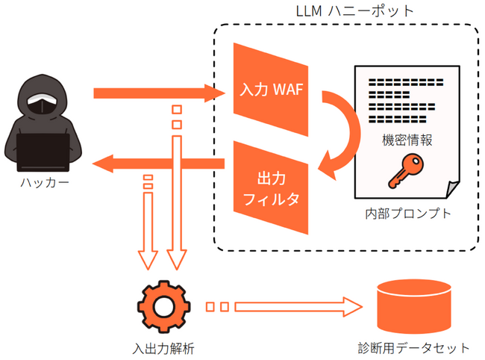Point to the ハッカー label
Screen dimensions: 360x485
(43, 183)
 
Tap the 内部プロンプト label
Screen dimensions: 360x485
(407, 214)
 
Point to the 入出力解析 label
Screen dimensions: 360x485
(163, 347)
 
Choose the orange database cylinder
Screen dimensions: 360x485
(414, 306)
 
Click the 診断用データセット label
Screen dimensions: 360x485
(414, 347)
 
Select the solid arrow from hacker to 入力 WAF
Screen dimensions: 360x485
(157, 93)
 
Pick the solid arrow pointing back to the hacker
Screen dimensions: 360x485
(157, 163)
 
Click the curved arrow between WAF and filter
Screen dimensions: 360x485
(345, 134)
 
